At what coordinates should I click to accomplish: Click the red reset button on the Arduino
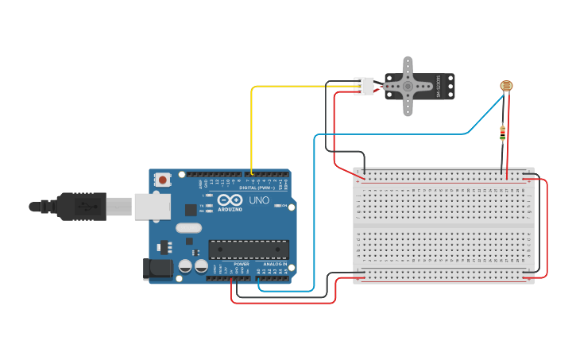coord(163,180)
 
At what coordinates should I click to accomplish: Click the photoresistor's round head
coord(505,86)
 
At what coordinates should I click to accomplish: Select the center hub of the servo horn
coord(408,86)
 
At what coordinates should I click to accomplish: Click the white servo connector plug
coord(365,86)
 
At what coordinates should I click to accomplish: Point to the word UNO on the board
coord(259,200)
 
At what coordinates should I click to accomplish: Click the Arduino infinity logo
coord(230,200)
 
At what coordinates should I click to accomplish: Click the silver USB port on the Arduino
coord(152,206)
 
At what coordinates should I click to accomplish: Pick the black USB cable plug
coord(79,206)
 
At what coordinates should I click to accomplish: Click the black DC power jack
coord(157,269)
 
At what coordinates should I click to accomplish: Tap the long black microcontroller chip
coord(248,250)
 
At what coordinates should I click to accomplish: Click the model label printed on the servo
coord(438,87)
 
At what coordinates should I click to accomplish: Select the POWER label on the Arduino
coord(241,264)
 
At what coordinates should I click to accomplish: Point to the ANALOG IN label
coord(275,264)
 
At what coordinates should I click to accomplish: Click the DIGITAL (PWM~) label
coord(255,188)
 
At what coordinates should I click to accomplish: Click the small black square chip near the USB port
coord(191,210)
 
